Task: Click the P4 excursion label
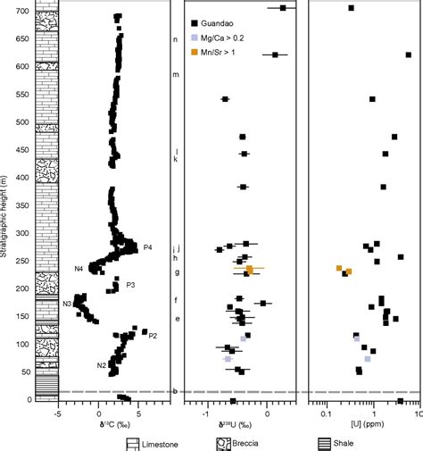pos(147,247)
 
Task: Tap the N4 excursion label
pos(79,269)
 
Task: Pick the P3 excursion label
pos(130,285)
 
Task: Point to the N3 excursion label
pos(67,305)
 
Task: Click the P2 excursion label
pos(153,336)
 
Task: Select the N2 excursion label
pos(102,365)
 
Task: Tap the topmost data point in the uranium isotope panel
pos(283,8)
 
